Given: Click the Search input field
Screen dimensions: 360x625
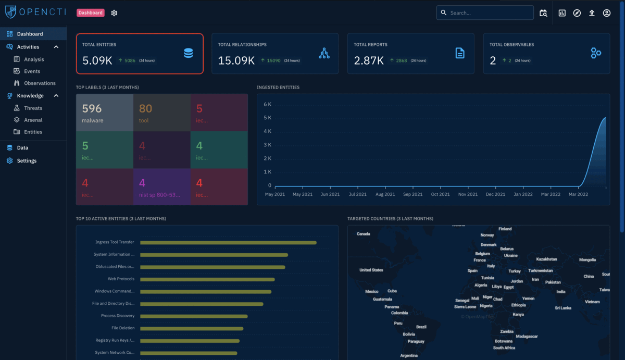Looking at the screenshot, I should [490, 13].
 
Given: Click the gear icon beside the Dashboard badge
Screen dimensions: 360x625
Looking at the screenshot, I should [115, 13].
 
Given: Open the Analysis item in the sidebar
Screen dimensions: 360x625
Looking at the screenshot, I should [34, 59].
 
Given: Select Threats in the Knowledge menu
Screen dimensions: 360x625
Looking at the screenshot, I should [33, 108].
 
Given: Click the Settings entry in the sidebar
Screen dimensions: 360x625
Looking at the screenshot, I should [27, 161].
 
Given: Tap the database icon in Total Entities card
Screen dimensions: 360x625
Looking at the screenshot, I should [188, 53].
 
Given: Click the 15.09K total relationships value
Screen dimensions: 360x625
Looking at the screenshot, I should [236, 60].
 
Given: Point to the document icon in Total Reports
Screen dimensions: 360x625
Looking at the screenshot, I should [460, 53].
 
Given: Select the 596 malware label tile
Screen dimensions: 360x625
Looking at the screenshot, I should [105, 113].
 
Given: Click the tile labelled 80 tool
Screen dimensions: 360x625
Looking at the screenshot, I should [161, 113].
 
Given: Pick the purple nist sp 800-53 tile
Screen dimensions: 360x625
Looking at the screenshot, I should [161, 187].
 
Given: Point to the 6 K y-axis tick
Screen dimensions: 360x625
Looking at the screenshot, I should [267, 104].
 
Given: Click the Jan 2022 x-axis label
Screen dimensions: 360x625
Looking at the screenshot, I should [523, 194].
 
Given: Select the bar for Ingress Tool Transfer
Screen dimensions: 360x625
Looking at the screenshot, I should [228, 242].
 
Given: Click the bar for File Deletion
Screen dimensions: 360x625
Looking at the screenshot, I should [192, 328].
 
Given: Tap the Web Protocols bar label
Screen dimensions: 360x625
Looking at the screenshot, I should [121, 279].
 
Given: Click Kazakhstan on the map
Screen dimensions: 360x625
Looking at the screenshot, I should [546, 259].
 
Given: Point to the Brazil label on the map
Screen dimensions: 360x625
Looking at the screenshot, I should [421, 327].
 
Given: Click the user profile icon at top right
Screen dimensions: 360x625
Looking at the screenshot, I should [607, 13].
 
